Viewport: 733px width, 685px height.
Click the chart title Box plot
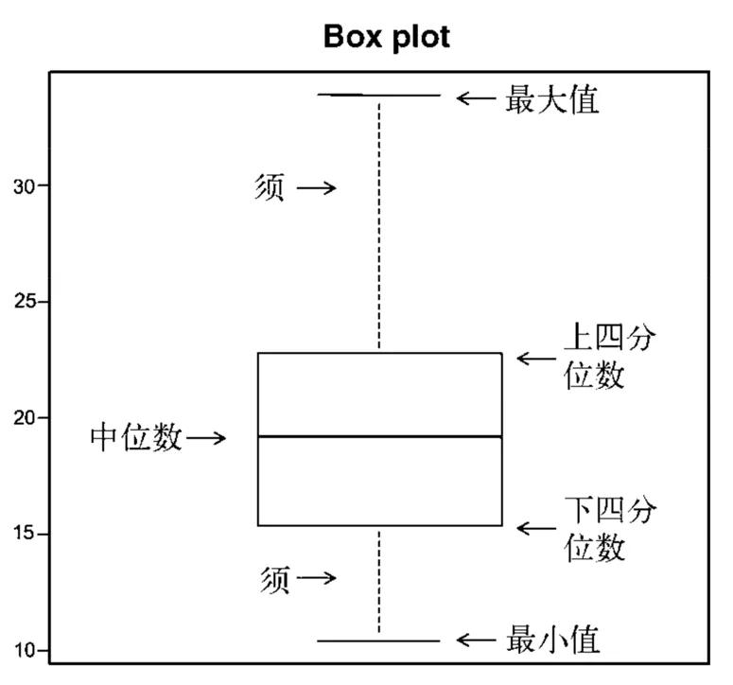tap(386, 36)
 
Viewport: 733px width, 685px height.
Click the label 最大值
tap(553, 98)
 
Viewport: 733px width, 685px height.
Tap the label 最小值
tap(553, 641)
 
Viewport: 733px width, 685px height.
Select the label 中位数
tap(136, 437)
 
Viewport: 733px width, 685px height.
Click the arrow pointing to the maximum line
tap(476, 97)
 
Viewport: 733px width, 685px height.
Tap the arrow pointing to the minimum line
tap(476, 641)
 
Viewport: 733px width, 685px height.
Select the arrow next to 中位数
tap(206, 437)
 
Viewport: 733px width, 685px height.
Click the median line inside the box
tap(379, 436)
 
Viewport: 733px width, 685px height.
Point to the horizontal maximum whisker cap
tap(379, 95)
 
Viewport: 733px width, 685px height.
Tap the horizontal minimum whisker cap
tap(379, 641)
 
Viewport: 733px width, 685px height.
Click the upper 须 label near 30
tap(270, 186)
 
